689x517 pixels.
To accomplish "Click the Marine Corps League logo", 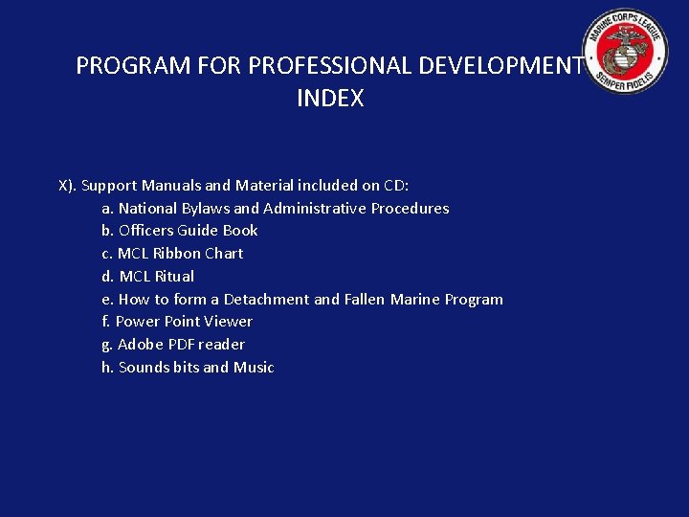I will (x=628, y=52).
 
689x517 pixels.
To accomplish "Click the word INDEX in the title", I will (x=330, y=99).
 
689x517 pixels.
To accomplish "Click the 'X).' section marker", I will (x=68, y=186).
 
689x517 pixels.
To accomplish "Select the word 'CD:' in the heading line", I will (x=396, y=186).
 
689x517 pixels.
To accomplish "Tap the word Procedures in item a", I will (x=410, y=209).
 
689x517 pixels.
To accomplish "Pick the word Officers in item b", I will (x=145, y=231).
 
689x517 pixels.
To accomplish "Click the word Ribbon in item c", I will (x=176, y=254).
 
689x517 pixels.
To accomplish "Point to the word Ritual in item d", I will (x=173, y=277).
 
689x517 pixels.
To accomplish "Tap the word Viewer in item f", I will (x=229, y=322).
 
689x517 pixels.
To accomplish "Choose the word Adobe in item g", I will (x=139, y=345).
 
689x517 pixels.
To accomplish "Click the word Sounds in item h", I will (x=144, y=368).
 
